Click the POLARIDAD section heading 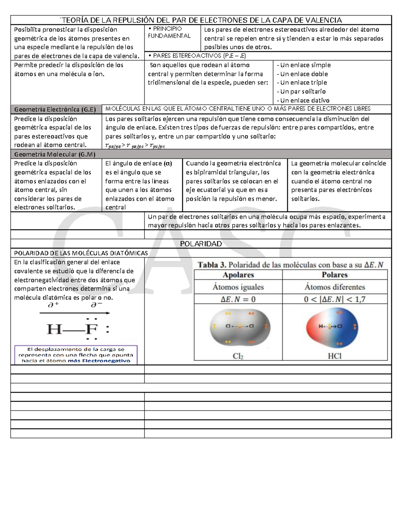click(201, 244)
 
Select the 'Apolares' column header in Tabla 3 click(238, 275)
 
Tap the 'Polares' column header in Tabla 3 click(335, 275)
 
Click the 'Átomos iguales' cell click(238, 287)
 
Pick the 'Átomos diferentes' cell click(335, 287)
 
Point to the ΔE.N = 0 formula click(238, 299)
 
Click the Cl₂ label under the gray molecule click(238, 356)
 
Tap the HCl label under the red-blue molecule click(334, 356)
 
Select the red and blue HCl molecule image click(332, 327)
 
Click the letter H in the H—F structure click(54, 330)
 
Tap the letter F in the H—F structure click(91, 330)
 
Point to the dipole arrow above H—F click(75, 313)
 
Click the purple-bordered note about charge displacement click(76, 355)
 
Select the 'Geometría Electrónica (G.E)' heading click(55, 109)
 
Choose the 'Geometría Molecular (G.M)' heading click(55, 154)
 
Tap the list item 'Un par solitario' click(303, 91)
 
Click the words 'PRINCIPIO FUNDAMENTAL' click(170, 32)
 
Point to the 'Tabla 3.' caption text click(212, 265)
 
